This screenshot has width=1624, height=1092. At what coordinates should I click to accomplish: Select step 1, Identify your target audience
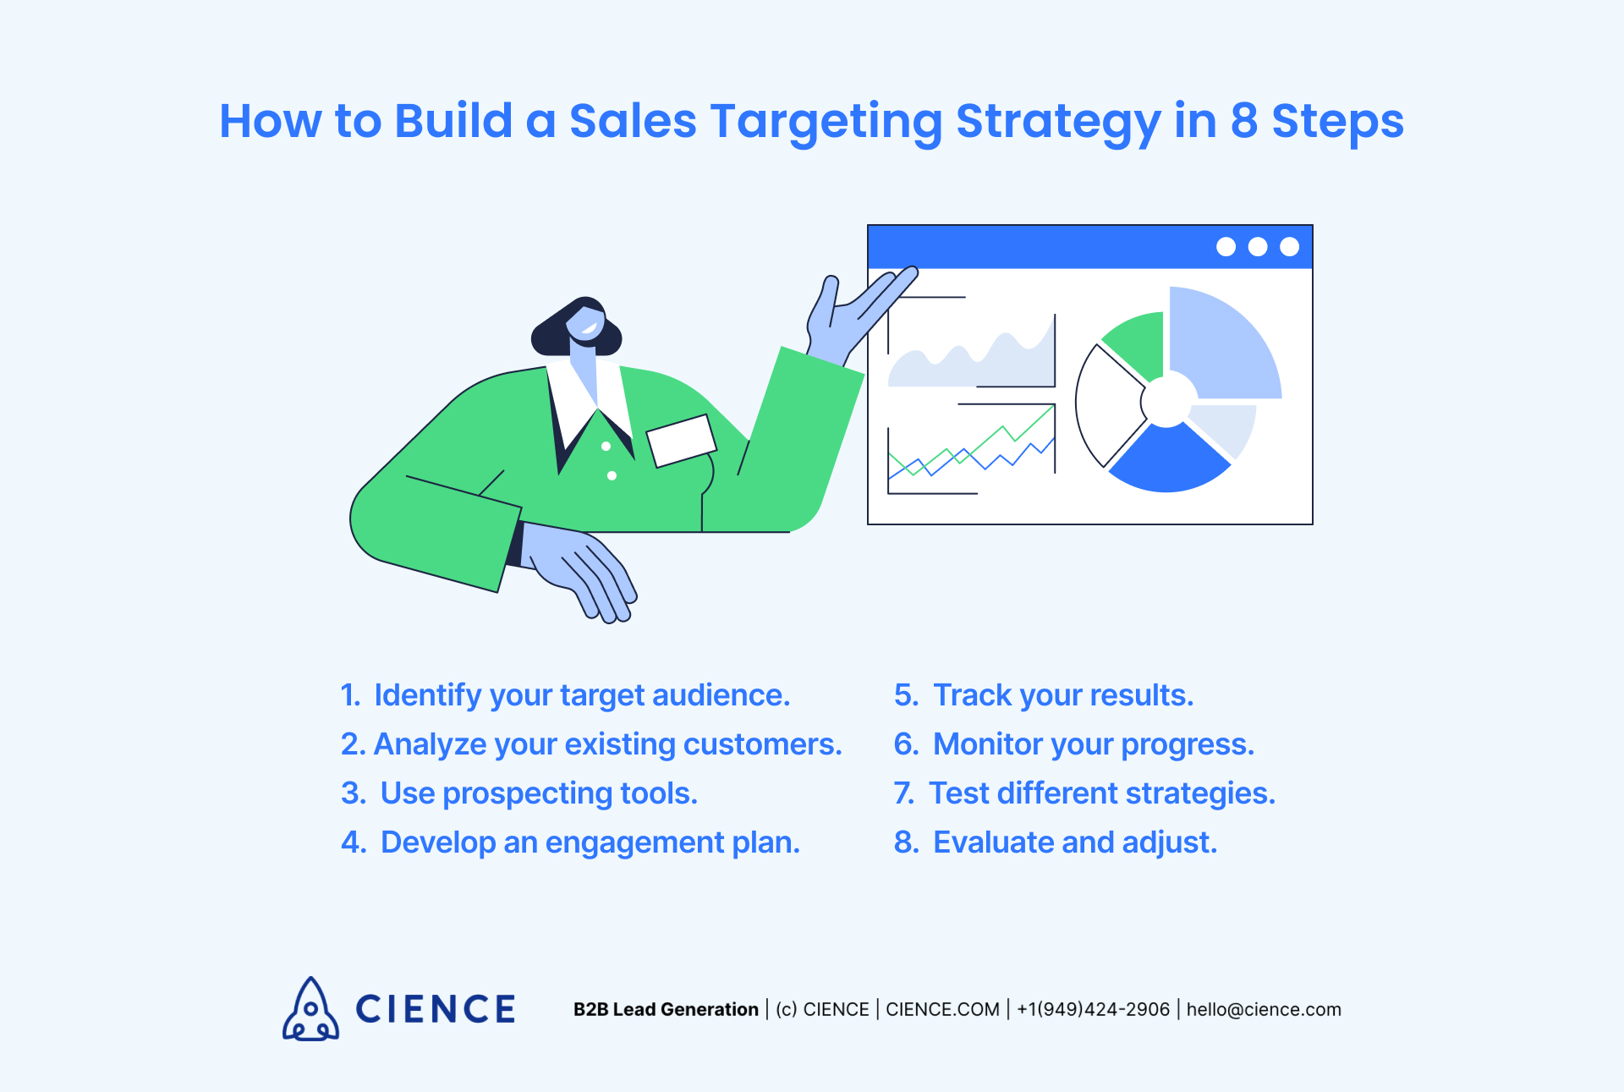(x=565, y=695)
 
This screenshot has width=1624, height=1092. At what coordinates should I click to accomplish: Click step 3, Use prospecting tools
(x=519, y=793)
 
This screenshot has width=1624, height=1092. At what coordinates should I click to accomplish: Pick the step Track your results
(x=1044, y=695)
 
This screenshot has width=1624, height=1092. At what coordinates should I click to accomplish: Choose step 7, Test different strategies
(x=1084, y=793)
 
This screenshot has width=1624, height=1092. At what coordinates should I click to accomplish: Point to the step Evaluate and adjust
(x=1056, y=842)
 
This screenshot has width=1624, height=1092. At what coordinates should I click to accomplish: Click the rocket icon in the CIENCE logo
(x=310, y=1009)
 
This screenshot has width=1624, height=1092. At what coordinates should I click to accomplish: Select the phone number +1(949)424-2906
(x=1093, y=1009)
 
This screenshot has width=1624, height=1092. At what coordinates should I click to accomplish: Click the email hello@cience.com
(x=1264, y=1009)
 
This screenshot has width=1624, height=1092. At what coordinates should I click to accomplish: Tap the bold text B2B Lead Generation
(x=666, y=1009)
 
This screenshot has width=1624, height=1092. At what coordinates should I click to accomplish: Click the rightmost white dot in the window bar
(x=1289, y=246)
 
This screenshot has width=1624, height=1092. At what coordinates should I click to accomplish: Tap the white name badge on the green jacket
(x=681, y=440)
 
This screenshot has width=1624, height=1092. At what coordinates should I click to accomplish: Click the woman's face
(x=584, y=324)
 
